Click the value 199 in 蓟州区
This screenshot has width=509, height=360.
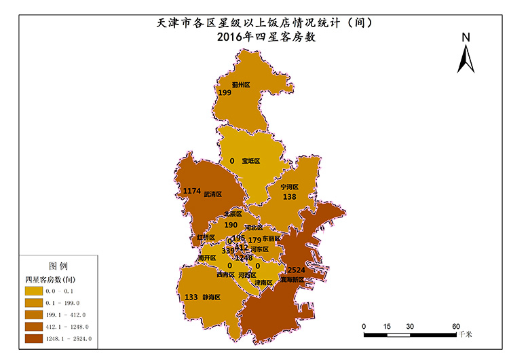pos(225,92)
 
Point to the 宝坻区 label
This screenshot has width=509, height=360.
pos(250,161)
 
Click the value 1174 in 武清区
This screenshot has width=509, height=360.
pos(193,192)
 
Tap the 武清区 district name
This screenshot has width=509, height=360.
pos(213,194)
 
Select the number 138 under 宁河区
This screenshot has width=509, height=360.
pos(290,196)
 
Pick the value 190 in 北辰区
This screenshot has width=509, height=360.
pos(231,225)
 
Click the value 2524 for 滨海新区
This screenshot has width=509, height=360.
pos(297,270)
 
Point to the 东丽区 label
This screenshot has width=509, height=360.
pos(271,239)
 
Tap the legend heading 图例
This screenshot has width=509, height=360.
pos(58,266)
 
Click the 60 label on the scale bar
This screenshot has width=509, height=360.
pos(456,327)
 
